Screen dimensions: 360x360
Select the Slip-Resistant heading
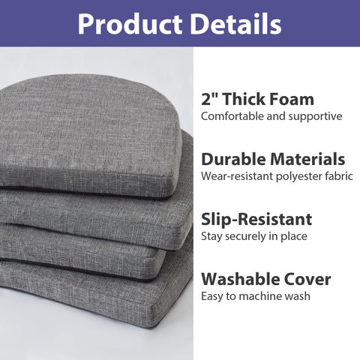tap(256, 220)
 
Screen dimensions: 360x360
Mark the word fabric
tap(334, 177)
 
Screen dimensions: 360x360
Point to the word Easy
tap(213, 297)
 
